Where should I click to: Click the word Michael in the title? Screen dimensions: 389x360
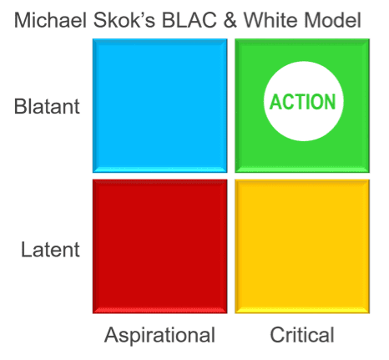[x=50, y=20]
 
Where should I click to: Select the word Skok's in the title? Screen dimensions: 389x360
[x=124, y=20]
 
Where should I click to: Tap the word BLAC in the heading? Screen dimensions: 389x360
[x=189, y=20]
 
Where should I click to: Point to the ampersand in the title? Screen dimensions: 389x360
[x=230, y=20]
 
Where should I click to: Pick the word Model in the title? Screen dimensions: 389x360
[x=332, y=20]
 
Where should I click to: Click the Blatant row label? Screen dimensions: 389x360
[x=47, y=106]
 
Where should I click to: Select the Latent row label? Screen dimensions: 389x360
[x=50, y=250]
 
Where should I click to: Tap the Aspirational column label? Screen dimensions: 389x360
[x=159, y=336]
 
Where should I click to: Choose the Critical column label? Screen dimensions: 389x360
[x=302, y=335]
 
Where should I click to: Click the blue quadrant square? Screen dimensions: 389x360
[x=160, y=106]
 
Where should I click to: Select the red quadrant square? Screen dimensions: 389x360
[x=160, y=246]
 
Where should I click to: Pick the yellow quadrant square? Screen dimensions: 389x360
[x=302, y=246]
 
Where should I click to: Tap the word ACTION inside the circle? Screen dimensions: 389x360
[x=303, y=102]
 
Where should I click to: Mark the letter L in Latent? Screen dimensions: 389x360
[x=27, y=250]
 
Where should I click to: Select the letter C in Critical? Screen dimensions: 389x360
[x=277, y=335]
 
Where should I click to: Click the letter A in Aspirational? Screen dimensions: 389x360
[x=112, y=334]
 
